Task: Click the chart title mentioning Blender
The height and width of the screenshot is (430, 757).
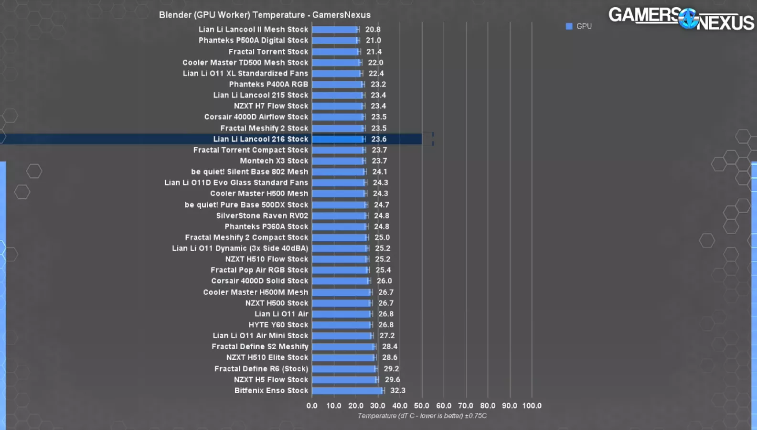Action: point(265,15)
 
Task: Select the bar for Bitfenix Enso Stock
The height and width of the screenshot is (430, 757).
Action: point(347,391)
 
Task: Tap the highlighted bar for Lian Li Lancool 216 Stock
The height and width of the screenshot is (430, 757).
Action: point(338,139)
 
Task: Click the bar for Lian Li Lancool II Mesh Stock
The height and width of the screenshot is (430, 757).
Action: point(334,30)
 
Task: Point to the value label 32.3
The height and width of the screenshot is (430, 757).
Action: point(397,391)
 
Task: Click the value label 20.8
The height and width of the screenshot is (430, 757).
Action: point(373,30)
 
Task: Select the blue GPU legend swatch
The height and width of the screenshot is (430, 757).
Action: point(569,26)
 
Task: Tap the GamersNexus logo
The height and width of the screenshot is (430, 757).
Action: point(681,19)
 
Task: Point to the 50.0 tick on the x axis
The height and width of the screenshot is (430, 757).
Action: point(421,406)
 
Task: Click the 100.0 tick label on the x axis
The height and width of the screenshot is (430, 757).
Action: point(532,406)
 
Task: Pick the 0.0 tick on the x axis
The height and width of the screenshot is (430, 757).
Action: point(312,406)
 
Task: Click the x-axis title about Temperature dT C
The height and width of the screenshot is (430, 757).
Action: point(422,416)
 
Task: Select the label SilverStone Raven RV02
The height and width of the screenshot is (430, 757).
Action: point(262,216)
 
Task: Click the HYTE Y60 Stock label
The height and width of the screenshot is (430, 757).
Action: point(278,325)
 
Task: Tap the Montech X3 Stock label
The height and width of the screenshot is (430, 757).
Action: point(274,161)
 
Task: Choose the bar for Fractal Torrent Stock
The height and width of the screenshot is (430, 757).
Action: point(335,52)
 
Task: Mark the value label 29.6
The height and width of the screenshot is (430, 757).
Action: point(392,380)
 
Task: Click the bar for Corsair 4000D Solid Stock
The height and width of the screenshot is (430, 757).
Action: point(341,281)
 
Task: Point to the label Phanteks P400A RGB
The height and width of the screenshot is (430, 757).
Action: point(268,85)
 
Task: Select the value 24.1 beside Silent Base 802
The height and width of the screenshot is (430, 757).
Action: point(380,172)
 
